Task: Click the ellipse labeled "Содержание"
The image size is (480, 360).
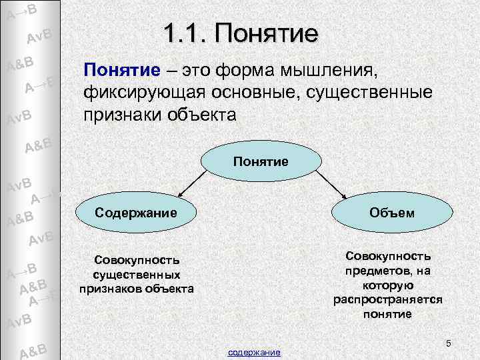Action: point(136,213)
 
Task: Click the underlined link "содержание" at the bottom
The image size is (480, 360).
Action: point(254,351)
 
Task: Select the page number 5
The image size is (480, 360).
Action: point(449,343)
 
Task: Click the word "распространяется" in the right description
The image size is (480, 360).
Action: point(388,299)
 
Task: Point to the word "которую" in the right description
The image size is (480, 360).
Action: point(388,285)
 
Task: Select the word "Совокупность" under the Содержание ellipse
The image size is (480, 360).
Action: point(136,259)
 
